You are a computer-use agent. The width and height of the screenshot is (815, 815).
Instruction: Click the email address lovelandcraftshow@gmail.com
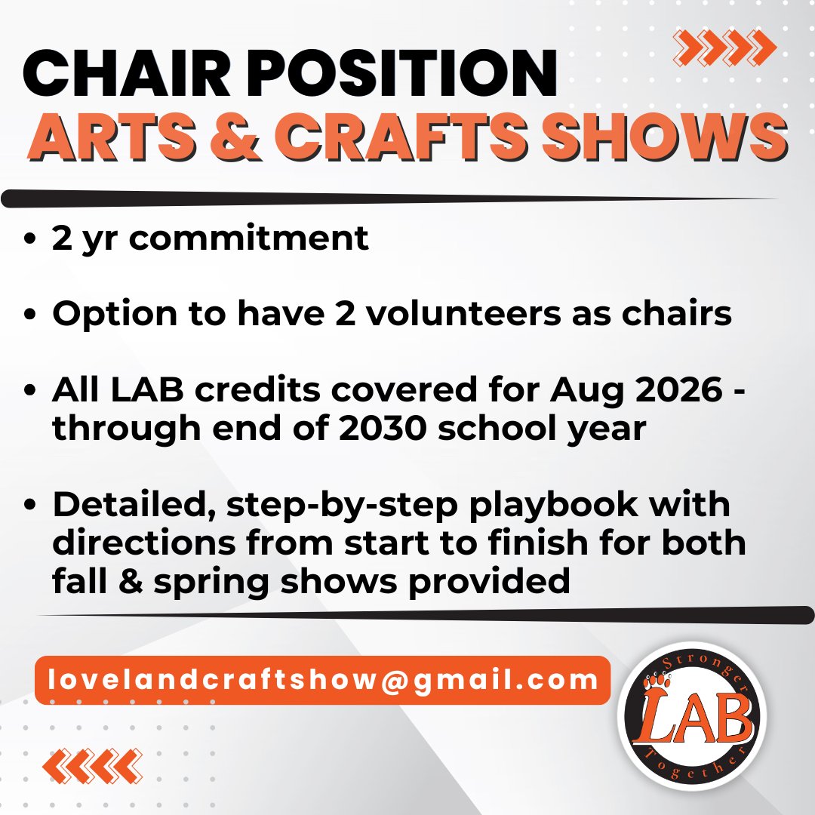[322, 680]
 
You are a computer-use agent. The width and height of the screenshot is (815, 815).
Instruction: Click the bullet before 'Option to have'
[30, 315]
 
